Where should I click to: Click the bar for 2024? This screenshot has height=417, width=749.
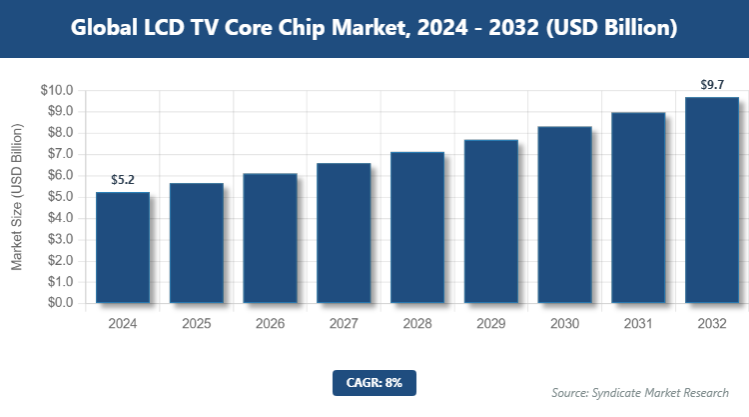pyautogui.click(x=123, y=248)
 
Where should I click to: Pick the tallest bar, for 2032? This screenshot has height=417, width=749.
pyautogui.click(x=712, y=200)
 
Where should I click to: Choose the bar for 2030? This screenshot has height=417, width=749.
pyautogui.click(x=565, y=215)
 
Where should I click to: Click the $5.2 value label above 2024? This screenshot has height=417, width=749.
pyautogui.click(x=123, y=180)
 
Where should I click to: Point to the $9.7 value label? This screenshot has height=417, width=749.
pyautogui.click(x=712, y=85)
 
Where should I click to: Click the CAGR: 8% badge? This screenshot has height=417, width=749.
pyautogui.click(x=374, y=381)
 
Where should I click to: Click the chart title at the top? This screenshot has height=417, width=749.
pyautogui.click(x=374, y=29)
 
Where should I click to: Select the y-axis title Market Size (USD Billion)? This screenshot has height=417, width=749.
pyautogui.click(x=17, y=197)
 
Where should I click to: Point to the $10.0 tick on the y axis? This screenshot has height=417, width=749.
pyautogui.click(x=56, y=90)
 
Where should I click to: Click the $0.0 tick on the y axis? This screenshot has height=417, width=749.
pyautogui.click(x=59, y=303)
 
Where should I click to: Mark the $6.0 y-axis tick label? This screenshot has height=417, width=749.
pyautogui.click(x=59, y=175)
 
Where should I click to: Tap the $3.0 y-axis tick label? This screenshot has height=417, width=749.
pyautogui.click(x=59, y=239)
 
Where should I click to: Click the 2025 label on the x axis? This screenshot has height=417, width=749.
pyautogui.click(x=197, y=323)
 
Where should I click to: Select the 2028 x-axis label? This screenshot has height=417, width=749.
pyautogui.click(x=417, y=323)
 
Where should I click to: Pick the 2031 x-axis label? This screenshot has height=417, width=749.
pyautogui.click(x=638, y=323)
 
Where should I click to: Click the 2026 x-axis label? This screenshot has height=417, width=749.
pyautogui.click(x=270, y=323)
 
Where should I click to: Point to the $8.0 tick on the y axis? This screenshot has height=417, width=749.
pyautogui.click(x=59, y=133)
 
